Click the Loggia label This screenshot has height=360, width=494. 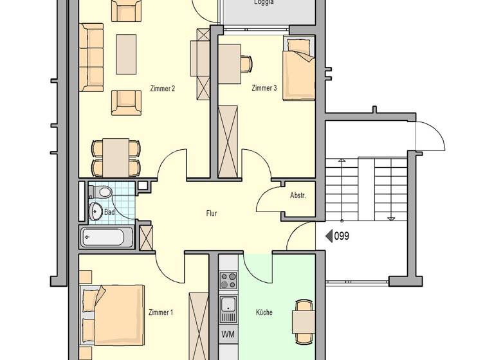click(264, 3)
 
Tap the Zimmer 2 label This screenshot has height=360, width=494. click(162, 89)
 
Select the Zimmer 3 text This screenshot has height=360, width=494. click(264, 88)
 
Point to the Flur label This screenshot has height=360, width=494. click(212, 213)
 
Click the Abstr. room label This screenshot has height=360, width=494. click(298, 195)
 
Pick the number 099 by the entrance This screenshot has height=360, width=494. click(342, 236)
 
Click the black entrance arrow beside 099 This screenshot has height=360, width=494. click(329, 236)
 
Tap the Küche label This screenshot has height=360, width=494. click(264, 312)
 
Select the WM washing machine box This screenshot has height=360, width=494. click(228, 334)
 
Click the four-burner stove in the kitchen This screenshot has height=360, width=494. click(228, 281)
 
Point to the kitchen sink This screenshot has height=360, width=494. click(228, 309)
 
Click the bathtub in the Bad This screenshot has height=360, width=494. click(106, 238)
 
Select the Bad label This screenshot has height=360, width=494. click(109, 212)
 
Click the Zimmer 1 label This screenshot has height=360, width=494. click(161, 312)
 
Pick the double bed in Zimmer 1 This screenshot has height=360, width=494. click(113, 314)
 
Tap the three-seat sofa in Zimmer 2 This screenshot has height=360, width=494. click(91, 57)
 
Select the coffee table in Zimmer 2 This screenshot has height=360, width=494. click(126, 54)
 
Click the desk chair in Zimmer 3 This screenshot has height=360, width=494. click(246, 64)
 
